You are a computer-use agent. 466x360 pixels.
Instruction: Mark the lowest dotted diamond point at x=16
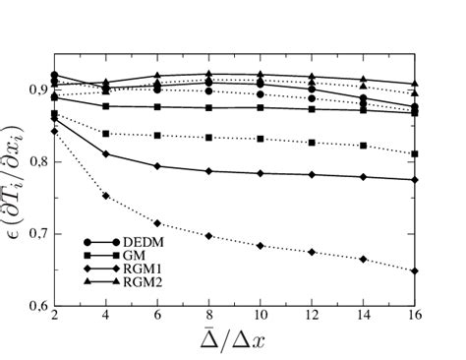tap(415, 270)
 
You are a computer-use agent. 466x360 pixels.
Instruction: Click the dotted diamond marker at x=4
tap(105, 197)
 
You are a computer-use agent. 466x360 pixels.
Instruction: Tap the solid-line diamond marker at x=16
tap(415, 180)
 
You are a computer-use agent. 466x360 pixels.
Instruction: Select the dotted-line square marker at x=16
tap(415, 153)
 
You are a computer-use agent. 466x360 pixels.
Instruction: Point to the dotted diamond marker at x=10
tap(260, 245)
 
